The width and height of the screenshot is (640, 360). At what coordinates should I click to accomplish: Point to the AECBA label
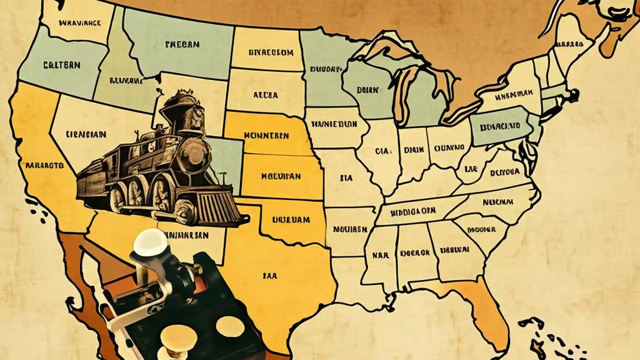[x=265, y=94]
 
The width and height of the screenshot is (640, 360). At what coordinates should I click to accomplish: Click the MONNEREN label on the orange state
[x=266, y=135]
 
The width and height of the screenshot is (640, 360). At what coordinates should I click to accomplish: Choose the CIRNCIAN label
[x=85, y=134]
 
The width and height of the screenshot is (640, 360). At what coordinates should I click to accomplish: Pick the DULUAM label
[x=292, y=219]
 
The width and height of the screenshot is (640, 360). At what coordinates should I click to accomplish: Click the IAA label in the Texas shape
[x=269, y=274]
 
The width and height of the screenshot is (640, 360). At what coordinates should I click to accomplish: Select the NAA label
[x=380, y=254]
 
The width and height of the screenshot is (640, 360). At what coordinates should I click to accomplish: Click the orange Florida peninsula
[x=487, y=310]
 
